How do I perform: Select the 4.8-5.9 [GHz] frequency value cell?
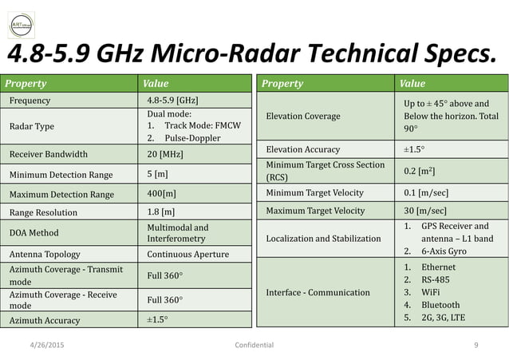coord(173,101)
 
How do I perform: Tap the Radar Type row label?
coord(31,126)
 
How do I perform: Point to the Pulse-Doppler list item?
coord(192,138)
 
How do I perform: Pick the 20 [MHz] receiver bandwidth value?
coord(164,154)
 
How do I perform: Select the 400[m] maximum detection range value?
coord(163,194)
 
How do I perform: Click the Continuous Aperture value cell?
coord(187,255)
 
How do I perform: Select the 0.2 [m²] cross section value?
coord(417,170)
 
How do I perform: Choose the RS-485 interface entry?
coord(436,279)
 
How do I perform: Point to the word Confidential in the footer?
coord(251,345)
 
